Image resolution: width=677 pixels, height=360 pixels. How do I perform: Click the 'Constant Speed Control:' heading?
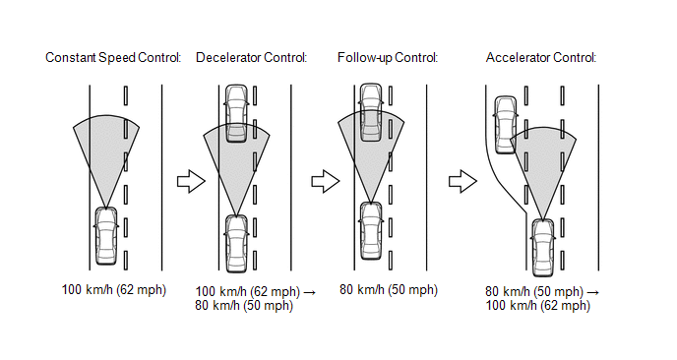pyautogui.click(x=113, y=57)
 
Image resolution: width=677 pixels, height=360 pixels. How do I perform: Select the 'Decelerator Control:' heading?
pyautogui.click(x=251, y=57)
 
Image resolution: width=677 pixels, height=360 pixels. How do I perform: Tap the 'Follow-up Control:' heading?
pyautogui.click(x=388, y=57)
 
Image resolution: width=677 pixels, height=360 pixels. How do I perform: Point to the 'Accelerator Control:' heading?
pyautogui.click(x=541, y=57)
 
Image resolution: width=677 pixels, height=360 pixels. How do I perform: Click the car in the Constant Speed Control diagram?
pyautogui.click(x=106, y=236)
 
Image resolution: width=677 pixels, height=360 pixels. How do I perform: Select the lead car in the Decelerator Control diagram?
pyautogui.click(x=236, y=113)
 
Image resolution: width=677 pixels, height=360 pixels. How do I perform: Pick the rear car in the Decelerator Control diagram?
pyautogui.click(x=236, y=244)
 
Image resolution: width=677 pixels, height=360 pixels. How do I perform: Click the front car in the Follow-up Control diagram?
pyautogui.click(x=371, y=112)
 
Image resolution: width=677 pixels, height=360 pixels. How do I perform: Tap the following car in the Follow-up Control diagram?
pyautogui.click(x=371, y=230)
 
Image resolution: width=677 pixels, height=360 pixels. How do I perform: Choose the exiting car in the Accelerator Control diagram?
pyautogui.click(x=505, y=125)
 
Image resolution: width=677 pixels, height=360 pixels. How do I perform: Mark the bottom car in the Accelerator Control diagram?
pyautogui.click(x=543, y=247)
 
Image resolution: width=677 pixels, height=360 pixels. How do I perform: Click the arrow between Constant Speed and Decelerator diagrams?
pyautogui.click(x=191, y=181)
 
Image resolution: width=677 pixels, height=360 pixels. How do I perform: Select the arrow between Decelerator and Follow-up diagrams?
pyautogui.click(x=326, y=181)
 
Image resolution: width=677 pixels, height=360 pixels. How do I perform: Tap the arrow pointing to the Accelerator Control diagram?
pyautogui.click(x=462, y=181)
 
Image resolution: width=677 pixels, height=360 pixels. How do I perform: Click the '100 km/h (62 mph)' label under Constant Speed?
pyautogui.click(x=114, y=289)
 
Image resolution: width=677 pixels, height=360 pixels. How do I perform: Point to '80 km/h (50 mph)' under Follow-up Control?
pyautogui.click(x=389, y=289)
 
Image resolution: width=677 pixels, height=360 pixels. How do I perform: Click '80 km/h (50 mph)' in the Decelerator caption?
pyautogui.click(x=244, y=306)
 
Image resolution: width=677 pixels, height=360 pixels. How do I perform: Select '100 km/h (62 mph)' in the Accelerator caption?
pyautogui.click(x=538, y=306)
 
